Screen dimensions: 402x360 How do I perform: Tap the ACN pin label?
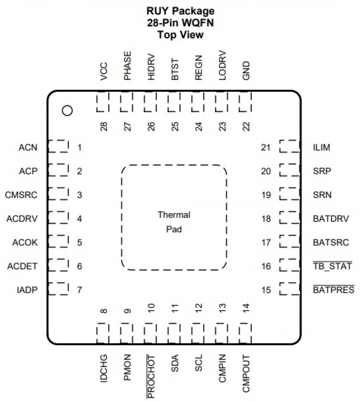[28, 147]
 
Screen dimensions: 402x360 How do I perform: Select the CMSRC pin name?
[21, 195]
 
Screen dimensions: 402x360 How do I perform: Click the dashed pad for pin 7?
[58, 288]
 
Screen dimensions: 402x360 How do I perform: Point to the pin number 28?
[104, 127]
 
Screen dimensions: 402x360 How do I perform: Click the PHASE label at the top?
[128, 66]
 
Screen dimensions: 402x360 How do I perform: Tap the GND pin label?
[246, 71]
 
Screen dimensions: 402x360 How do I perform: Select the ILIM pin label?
[322, 147]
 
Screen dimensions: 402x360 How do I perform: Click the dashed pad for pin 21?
[289, 146]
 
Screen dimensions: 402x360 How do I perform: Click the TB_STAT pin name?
[332, 267]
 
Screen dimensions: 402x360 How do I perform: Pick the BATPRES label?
[334, 290]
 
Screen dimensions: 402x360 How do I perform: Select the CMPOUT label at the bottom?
[246, 374]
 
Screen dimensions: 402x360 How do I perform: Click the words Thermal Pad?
[174, 222]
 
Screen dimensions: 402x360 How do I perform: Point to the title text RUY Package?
[180, 11]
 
